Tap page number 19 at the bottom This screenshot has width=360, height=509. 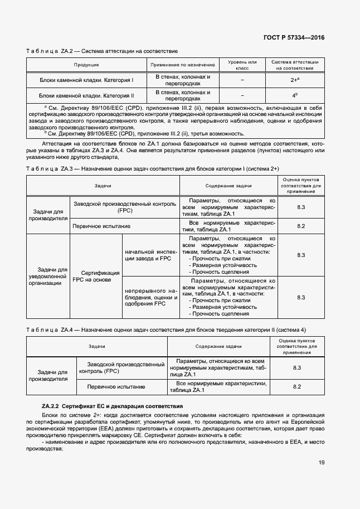pos(322,462)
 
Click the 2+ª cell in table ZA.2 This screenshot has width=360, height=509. pos(295,80)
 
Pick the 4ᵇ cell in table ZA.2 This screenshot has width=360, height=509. pos(295,95)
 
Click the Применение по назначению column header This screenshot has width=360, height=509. pos(183,65)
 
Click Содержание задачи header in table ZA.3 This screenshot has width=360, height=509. pos(228,186)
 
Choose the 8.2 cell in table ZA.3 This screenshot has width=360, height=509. pos(301,226)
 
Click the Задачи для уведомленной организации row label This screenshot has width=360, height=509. pos(48,276)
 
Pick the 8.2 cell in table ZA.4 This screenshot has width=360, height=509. pos(297,386)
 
